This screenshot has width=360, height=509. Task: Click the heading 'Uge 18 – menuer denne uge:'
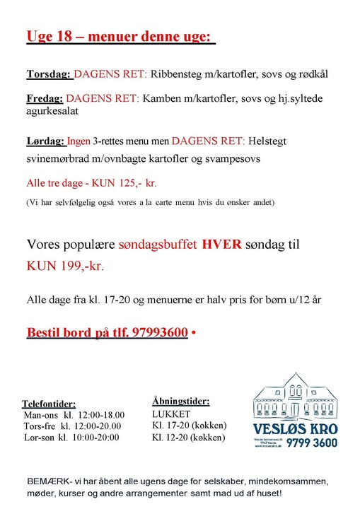coord(120,36)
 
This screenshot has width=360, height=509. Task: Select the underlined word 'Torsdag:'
coord(48,74)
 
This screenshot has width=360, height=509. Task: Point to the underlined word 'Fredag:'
coord(45,99)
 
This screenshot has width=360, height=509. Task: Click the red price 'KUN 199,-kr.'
coord(69,268)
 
